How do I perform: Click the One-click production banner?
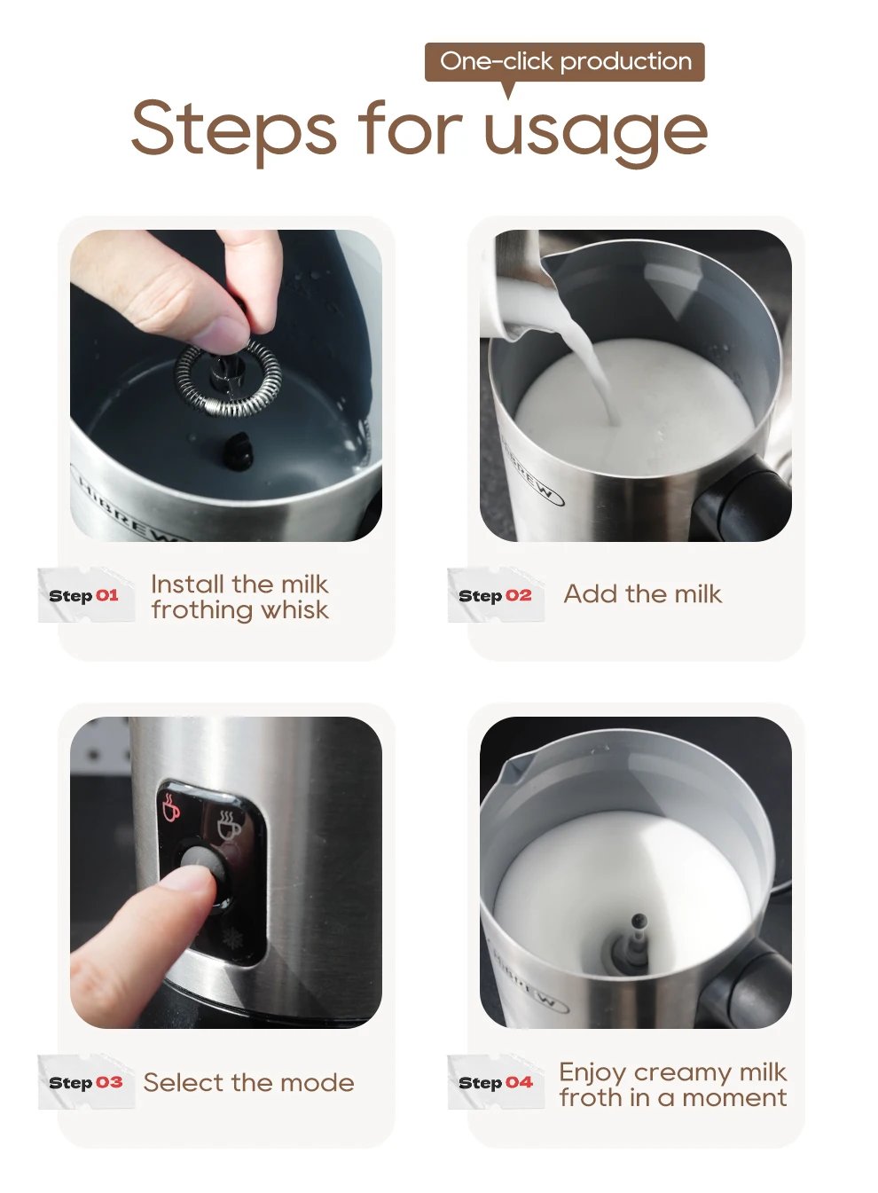click(x=565, y=62)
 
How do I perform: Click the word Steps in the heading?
click(x=233, y=129)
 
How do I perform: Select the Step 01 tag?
click(x=85, y=595)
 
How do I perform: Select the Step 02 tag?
click(x=495, y=595)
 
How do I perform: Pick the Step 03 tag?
click(x=85, y=1082)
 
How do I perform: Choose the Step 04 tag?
click(x=495, y=1082)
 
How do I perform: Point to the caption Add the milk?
click(x=642, y=594)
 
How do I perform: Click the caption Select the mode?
click(x=248, y=1082)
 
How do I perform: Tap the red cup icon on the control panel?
click(x=171, y=807)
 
